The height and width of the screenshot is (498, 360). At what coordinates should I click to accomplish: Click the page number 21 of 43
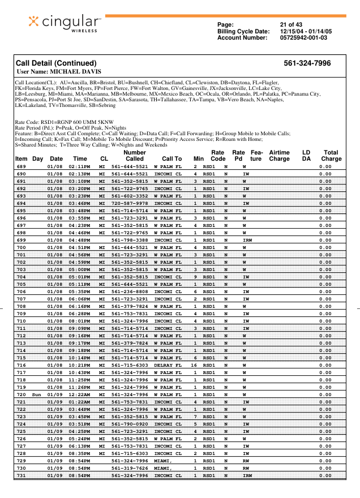pos(291,24)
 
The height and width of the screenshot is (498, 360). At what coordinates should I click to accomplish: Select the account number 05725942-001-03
pos(303,37)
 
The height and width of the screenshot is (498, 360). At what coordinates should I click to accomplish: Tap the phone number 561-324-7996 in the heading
pos(307,63)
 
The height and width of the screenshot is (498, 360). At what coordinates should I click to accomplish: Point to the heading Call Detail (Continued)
pos(56,63)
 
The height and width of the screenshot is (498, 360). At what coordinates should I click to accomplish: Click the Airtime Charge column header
pos(279,156)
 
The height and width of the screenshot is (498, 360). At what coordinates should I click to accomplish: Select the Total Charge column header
pos(331,156)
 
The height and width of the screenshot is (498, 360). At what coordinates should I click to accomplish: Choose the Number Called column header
pos(134,156)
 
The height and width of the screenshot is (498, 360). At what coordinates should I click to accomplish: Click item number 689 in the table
pos(21,166)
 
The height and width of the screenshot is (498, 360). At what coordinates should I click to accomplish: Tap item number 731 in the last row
pos(21,476)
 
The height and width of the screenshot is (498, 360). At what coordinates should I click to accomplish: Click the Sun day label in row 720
pos(37,394)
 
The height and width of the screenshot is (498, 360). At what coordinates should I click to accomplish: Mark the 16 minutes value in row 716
pos(194,366)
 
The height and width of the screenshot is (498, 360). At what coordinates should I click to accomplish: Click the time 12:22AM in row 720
pos(80,394)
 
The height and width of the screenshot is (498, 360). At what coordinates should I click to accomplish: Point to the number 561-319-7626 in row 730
pos(130,469)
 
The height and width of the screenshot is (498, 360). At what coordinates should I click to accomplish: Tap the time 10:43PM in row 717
pos(80,372)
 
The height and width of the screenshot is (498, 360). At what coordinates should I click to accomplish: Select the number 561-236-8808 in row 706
pos(130,291)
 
